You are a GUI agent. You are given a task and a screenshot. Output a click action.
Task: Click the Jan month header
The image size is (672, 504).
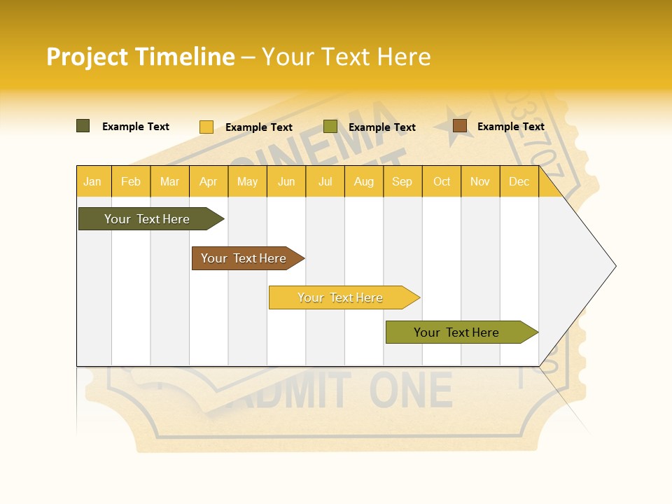[x=93, y=181]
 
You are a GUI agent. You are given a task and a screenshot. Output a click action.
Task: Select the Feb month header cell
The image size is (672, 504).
[x=131, y=181]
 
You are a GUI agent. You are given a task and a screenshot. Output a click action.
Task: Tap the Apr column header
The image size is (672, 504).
[x=209, y=181]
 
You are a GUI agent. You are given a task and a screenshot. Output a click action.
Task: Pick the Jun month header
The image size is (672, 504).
[x=286, y=181]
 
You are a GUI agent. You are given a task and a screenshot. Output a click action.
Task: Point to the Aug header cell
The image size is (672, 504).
[x=364, y=181]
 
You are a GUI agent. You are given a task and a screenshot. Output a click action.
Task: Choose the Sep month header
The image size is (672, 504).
[x=402, y=181]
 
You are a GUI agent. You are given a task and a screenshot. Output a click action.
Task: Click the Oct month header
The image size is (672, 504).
[x=442, y=181]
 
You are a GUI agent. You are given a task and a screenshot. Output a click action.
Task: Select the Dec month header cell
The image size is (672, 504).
[x=519, y=181]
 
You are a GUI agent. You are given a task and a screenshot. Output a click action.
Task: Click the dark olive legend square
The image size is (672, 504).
[x=83, y=126]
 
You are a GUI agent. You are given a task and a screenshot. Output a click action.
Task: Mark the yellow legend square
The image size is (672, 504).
[x=206, y=127]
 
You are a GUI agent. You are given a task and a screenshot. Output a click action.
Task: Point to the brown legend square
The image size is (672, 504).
[x=459, y=126]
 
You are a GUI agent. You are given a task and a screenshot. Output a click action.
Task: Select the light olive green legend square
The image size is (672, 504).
[x=330, y=127]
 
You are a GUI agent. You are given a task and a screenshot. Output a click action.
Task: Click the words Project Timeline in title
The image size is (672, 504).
[x=141, y=57]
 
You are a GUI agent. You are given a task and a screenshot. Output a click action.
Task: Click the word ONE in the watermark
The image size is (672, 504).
[x=411, y=391]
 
